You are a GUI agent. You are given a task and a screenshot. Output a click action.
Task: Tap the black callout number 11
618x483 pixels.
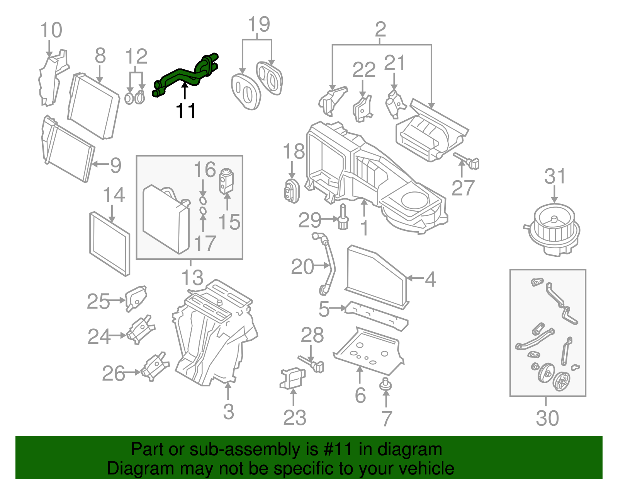pyautogui.click(x=185, y=111)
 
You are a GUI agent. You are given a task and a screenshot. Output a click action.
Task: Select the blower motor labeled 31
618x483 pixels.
pyautogui.click(x=554, y=230)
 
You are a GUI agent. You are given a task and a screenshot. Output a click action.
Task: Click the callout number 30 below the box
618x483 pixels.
pyautogui.click(x=547, y=418)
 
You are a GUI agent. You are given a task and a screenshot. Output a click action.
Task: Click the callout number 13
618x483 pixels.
pyautogui.click(x=192, y=277)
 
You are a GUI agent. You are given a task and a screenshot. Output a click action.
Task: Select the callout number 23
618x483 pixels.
pyautogui.click(x=294, y=418)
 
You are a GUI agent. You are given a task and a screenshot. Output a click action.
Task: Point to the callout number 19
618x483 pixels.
pyautogui.click(x=258, y=24)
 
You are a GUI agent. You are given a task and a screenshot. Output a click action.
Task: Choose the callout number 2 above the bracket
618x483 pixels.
pyautogui.click(x=380, y=29)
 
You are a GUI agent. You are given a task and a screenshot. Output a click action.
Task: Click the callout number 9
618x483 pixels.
pyautogui.click(x=115, y=166)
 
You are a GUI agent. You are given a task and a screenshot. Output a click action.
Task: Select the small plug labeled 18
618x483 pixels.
pyautogui.click(x=292, y=191)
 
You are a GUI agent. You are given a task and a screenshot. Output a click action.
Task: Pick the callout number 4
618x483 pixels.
pyautogui.click(x=430, y=279)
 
